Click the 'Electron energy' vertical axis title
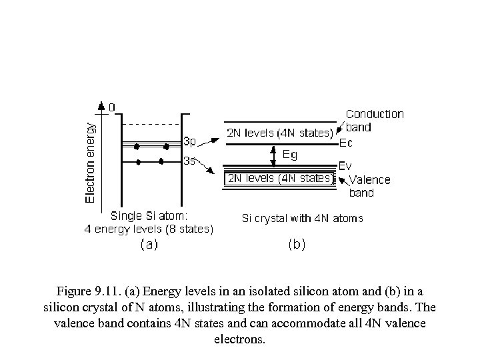(91, 161)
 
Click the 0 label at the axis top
(111, 107)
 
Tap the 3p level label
(190, 141)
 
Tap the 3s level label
(190, 161)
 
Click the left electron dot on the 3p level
(137, 145)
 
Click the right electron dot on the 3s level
(161, 161)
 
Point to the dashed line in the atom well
(151, 123)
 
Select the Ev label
(346, 165)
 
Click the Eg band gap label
(290, 154)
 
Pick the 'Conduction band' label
(374, 120)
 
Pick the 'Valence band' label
(369, 186)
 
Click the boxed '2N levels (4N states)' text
(279, 178)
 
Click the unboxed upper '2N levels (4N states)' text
(279, 132)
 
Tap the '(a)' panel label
(149, 245)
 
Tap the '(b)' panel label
(297, 245)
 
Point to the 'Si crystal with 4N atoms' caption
(302, 218)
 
